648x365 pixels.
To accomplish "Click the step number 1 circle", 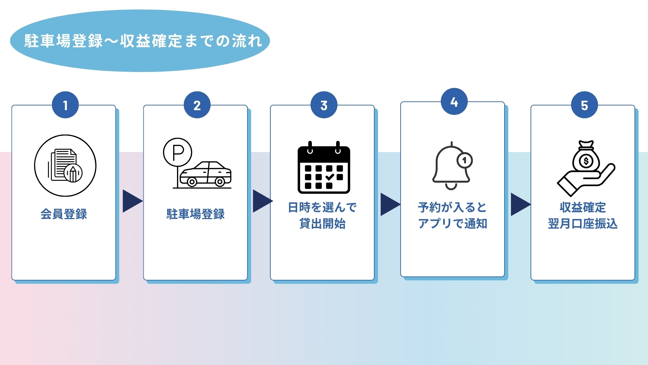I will [x=65, y=105].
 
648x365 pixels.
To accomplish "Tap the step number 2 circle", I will [x=197, y=105].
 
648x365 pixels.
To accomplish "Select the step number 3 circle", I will [x=324, y=105].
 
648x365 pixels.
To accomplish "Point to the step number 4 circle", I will [x=454, y=102].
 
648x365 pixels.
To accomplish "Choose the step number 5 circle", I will [x=585, y=105].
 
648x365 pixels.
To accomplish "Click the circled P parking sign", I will [x=178, y=152].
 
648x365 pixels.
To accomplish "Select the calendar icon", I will [x=324, y=168].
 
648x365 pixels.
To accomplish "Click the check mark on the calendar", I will [x=330, y=177].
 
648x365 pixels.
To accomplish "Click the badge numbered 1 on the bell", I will [x=465, y=160].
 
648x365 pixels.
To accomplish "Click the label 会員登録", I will [x=64, y=214].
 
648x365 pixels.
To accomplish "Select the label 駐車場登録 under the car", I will [x=195, y=214].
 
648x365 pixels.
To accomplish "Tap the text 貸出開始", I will [x=322, y=223].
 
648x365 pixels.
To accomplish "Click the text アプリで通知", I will [x=452, y=223].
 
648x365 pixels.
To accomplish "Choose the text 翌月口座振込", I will [x=583, y=223].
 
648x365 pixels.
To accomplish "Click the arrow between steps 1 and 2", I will [x=132, y=201].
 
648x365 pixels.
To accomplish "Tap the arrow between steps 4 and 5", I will [x=520, y=204].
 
